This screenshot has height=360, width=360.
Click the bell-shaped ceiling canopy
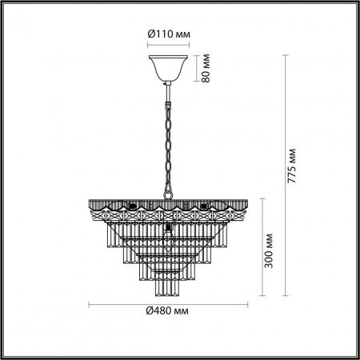pos(168,67)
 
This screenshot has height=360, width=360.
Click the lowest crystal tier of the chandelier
pos(168,280)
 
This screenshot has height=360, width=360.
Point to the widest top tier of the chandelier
pos(168,212)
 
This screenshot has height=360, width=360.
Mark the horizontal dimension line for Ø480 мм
pos(168,303)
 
